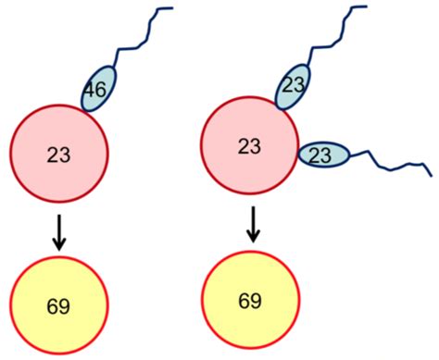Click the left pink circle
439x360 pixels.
(x=59, y=152)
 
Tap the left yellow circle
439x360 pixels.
(x=59, y=304)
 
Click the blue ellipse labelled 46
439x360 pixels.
(x=99, y=89)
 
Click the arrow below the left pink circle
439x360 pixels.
(x=59, y=231)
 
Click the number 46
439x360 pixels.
(x=95, y=91)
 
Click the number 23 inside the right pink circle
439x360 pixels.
(x=249, y=145)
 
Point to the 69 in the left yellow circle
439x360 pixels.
(x=59, y=304)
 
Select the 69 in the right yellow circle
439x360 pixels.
(x=250, y=302)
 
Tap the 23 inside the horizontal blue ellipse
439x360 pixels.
(x=321, y=156)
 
